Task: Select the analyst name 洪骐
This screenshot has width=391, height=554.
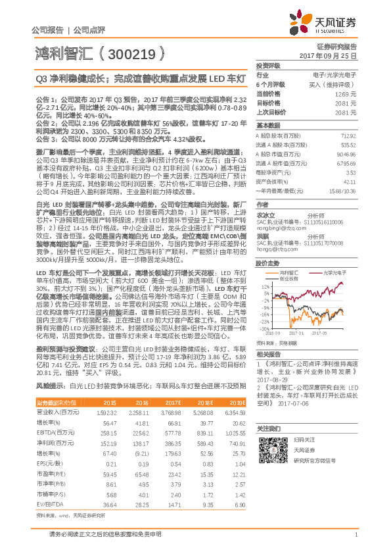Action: tap(262, 216)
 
